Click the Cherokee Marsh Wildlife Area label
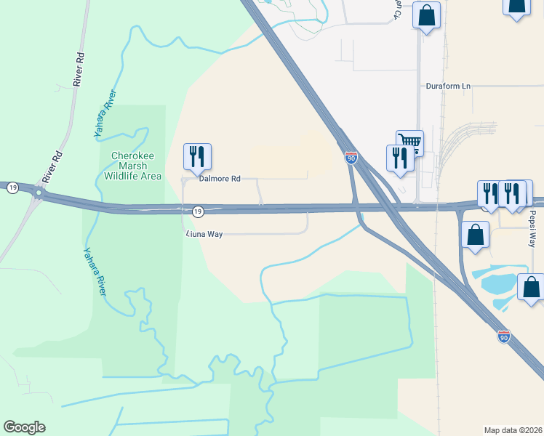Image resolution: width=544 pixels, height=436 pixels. click(x=135, y=166)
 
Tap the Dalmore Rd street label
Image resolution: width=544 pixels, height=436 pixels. click(x=220, y=178)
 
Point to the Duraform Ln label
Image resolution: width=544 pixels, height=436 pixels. click(x=448, y=86)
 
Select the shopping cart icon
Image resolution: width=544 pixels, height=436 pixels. click(x=409, y=142)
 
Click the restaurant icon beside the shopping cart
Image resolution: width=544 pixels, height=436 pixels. click(x=399, y=157)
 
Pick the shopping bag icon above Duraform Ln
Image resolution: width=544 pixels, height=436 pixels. click(x=426, y=15)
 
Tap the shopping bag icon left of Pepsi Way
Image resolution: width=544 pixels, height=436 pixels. click(x=475, y=235)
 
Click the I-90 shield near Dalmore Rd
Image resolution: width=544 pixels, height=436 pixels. click(x=351, y=158)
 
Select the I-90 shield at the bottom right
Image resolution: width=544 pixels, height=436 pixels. click(x=503, y=336)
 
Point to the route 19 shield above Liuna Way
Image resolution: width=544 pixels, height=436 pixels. click(x=197, y=211)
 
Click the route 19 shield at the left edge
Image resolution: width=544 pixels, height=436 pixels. click(x=12, y=187)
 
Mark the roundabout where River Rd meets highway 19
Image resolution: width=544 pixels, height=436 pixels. click(x=37, y=193)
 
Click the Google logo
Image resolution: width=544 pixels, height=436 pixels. click(x=24, y=427)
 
